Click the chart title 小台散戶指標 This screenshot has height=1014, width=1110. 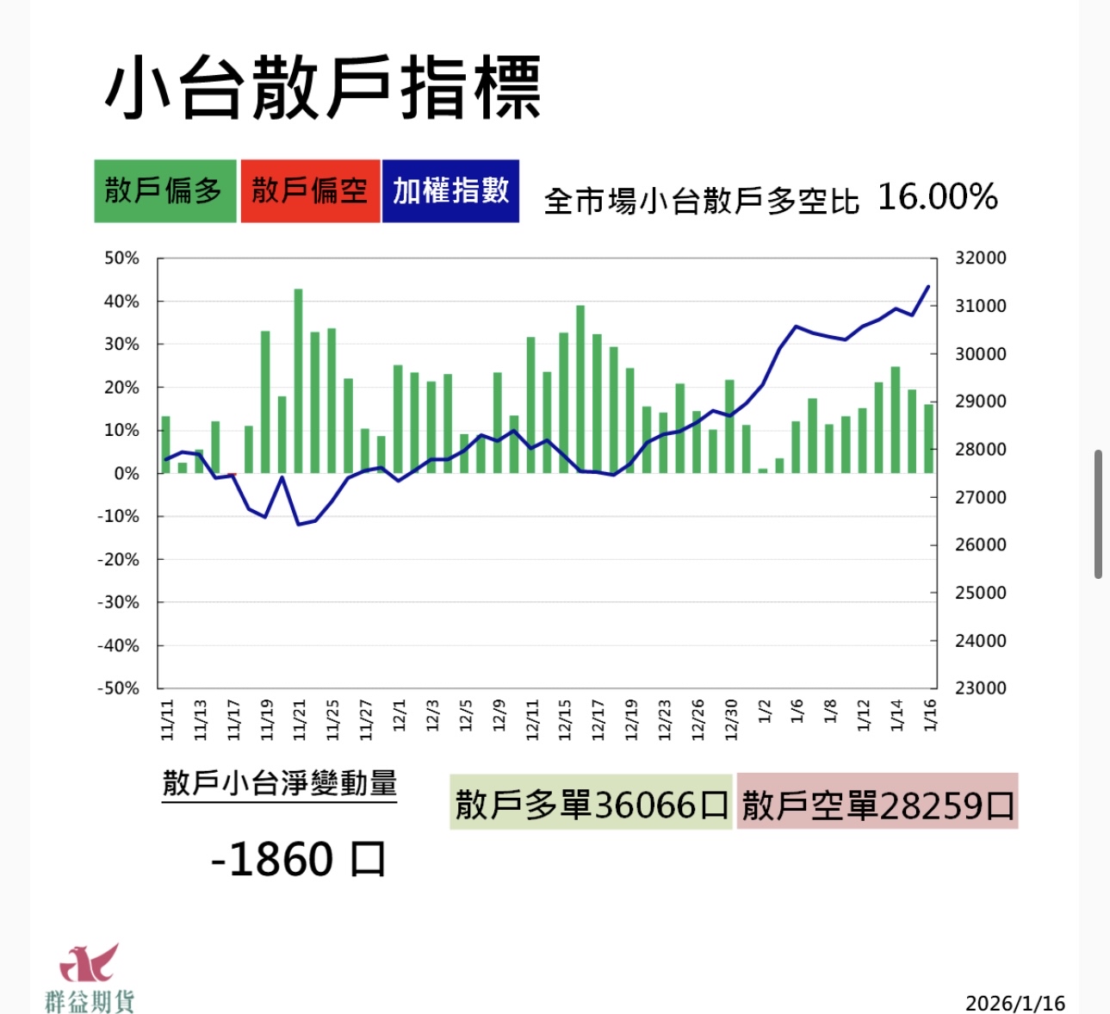(x=323, y=88)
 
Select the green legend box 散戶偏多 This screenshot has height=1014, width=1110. (x=164, y=191)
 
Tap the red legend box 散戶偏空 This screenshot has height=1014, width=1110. (x=310, y=191)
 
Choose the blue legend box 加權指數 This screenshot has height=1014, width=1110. (x=450, y=191)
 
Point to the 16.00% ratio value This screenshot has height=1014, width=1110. (x=937, y=197)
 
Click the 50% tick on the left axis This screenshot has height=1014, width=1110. (x=121, y=258)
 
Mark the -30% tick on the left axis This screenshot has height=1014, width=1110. (x=118, y=602)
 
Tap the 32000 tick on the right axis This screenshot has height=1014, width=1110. (x=980, y=258)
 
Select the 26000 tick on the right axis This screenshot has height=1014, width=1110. (x=980, y=544)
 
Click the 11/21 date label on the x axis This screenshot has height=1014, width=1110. (x=300, y=719)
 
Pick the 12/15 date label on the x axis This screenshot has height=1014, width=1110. (x=565, y=719)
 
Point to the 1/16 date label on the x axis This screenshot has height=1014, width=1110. (x=930, y=715)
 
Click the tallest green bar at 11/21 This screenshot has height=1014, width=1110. (x=299, y=381)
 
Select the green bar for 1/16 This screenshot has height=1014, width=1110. (x=929, y=439)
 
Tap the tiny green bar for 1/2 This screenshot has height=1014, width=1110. (x=763, y=470)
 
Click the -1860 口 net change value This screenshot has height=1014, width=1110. (x=298, y=859)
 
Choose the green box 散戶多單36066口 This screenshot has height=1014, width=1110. (x=591, y=805)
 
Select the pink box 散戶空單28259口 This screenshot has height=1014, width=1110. (x=877, y=805)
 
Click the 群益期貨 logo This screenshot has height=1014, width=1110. (x=90, y=978)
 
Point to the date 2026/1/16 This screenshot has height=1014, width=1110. (x=1014, y=1003)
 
